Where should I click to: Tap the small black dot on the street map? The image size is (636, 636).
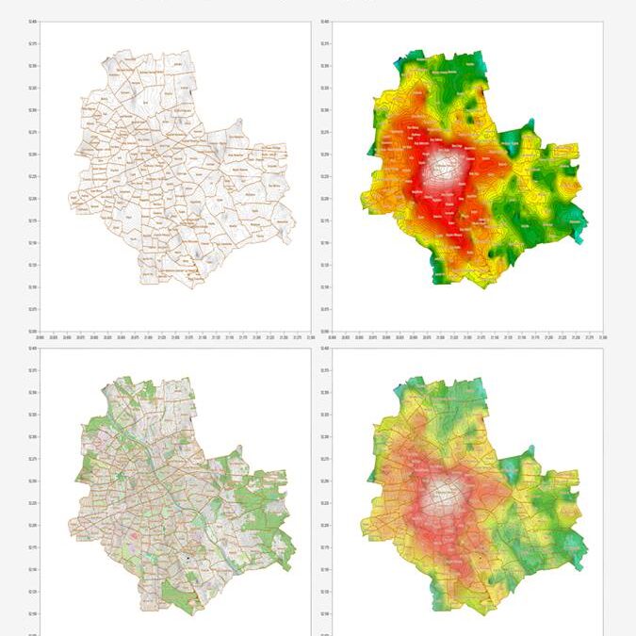coord(188,558)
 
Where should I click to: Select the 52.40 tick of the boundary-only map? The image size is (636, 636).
coord(34,23)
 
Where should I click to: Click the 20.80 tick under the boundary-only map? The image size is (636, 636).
coord(40,336)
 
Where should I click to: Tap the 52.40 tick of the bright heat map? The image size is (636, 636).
coord(325,23)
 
